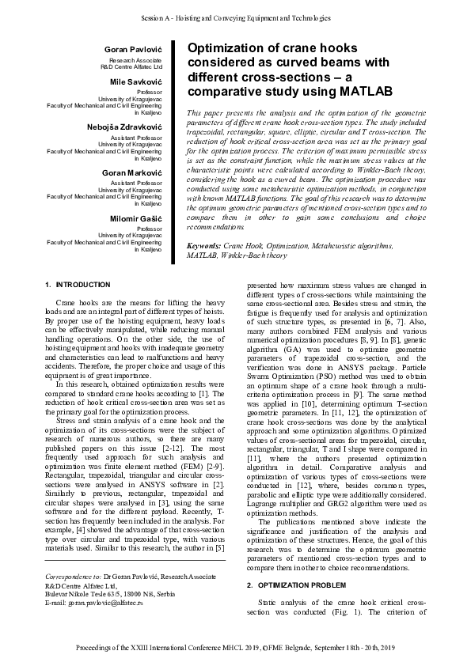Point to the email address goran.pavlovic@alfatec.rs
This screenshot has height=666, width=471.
pyautogui.click(x=107, y=603)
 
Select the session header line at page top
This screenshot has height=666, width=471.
pyautogui.click(x=235, y=16)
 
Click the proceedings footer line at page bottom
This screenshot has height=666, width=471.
pyautogui.click(x=235, y=648)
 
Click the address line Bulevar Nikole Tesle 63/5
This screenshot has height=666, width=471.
pyautogui.click(x=85, y=594)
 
